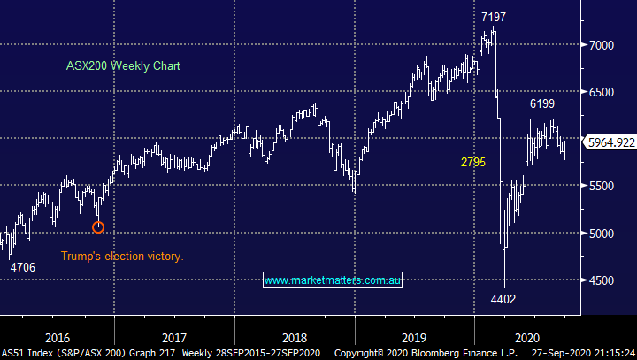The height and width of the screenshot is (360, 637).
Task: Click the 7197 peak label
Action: [495, 18]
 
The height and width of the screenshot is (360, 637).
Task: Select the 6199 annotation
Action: [543, 104]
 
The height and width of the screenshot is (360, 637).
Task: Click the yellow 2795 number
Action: [473, 162]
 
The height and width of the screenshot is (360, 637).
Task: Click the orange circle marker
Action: [98, 227]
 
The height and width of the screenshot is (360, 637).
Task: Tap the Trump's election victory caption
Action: [121, 257]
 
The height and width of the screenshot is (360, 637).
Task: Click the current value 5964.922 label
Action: [611, 142]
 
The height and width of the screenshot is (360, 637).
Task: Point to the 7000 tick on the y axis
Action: [602, 44]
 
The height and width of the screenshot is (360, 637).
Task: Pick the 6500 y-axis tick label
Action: [602, 92]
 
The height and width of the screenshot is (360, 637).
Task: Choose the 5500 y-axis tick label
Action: [602, 186]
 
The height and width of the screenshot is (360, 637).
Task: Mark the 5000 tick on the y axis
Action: [602, 234]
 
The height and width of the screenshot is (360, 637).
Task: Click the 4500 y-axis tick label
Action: [602, 280]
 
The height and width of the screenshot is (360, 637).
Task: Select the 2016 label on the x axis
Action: [57, 337]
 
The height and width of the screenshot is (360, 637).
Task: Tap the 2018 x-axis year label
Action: [295, 337]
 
